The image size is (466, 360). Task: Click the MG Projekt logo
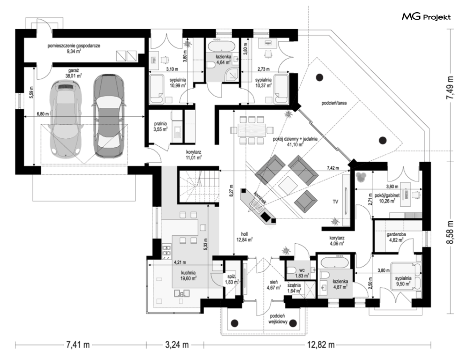pos(426,17)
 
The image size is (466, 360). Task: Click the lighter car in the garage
pos(66,119)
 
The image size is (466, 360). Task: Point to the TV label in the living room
pos(335,202)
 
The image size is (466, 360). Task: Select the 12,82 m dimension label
pos(321,345)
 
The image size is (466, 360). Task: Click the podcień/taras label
pos(333,103)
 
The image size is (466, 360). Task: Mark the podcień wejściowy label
pos(278,319)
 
